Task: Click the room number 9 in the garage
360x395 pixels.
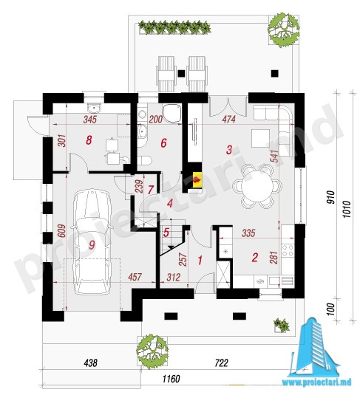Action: (92, 244)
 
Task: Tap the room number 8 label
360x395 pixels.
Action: (89, 140)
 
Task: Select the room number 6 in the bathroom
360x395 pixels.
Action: (163, 143)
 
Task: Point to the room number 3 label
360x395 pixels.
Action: (229, 150)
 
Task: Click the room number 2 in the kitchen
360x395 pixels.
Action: (255, 258)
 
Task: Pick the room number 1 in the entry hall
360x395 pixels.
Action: (200, 261)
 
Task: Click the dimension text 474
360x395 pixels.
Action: (228, 119)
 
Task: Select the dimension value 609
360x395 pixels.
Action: (62, 231)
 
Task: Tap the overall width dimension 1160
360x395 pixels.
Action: (171, 379)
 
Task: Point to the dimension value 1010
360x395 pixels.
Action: (347, 210)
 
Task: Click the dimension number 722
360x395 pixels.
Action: (222, 363)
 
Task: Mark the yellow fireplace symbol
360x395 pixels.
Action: (197, 179)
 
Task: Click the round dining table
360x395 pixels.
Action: (257, 186)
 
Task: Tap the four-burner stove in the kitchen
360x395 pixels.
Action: (288, 250)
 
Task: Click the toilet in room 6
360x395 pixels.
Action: (145, 160)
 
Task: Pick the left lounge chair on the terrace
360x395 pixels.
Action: (166, 74)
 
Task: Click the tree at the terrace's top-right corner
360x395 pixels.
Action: (284, 30)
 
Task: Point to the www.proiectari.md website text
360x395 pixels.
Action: (316, 382)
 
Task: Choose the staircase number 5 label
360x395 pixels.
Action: (166, 233)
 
